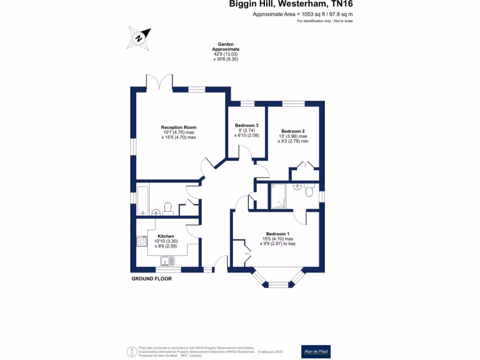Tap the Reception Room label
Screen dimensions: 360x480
click(x=179, y=127)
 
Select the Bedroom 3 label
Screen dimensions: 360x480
click(x=247, y=125)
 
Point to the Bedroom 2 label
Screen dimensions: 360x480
click(x=293, y=131)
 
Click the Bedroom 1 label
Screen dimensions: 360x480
click(x=278, y=234)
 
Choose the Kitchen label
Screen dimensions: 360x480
click(x=166, y=236)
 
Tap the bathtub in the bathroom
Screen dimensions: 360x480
click(x=142, y=199)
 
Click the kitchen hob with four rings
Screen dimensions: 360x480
click(x=141, y=241)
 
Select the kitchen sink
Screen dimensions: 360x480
click(x=167, y=261)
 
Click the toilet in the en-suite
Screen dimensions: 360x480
click(x=309, y=191)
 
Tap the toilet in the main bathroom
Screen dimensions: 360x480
click(x=168, y=207)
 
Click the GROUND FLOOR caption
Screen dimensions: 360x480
click(x=151, y=278)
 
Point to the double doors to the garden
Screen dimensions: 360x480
click(x=160, y=82)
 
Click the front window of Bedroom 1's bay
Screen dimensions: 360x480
click(x=279, y=284)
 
